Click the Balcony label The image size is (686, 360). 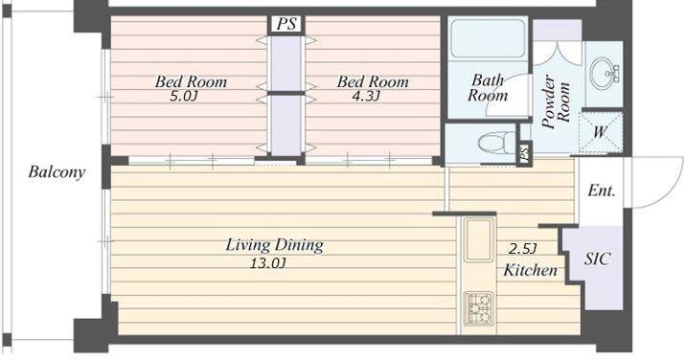[x=57, y=172]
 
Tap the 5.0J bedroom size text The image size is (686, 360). [x=184, y=97]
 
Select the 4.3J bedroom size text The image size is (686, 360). [x=366, y=97]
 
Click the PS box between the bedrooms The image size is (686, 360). [x=286, y=24]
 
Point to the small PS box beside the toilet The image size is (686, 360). [x=524, y=153]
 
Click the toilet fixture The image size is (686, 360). [x=496, y=143]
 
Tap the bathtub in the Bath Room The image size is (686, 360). [x=488, y=38]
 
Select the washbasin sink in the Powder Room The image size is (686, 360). [x=603, y=73]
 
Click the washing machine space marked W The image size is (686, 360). [x=600, y=132]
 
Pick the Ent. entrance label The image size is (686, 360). [x=602, y=191]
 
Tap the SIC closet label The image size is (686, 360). [x=597, y=259]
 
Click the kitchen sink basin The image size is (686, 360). [x=479, y=240]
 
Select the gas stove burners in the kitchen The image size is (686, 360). [x=479, y=308]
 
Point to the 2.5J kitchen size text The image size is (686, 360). [x=522, y=249]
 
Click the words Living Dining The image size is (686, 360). [x=275, y=245]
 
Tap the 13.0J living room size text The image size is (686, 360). [x=268, y=263]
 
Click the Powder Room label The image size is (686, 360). [x=556, y=101]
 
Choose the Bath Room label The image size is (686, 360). [x=487, y=87]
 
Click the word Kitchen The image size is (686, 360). [x=530, y=270]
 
